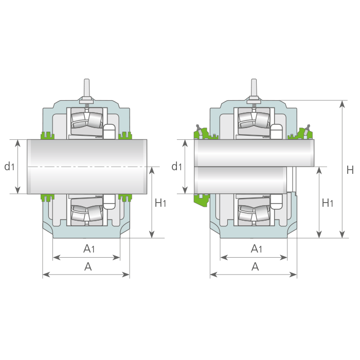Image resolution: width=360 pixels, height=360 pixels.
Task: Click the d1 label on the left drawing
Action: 9,166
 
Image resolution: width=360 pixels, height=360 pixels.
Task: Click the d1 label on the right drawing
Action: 176,166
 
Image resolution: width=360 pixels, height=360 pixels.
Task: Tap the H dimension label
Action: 350,170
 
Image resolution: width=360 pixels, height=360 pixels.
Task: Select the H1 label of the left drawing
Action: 160,203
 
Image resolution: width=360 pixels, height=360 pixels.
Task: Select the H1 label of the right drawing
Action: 328,203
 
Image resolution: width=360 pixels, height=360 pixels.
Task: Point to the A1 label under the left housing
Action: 89,248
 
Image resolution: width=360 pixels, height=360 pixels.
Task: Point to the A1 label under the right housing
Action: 256,248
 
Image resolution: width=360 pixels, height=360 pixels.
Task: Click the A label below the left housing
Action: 88,266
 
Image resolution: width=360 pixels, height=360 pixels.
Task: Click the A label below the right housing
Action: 255,266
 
